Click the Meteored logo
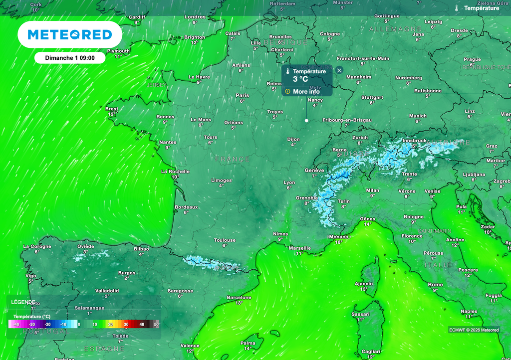tap(69, 34)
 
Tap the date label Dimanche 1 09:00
tap(70, 57)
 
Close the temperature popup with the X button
tap(339, 70)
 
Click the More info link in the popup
tap(306, 91)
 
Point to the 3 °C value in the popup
tap(300, 79)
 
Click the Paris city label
tap(243, 95)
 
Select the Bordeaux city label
tap(187, 207)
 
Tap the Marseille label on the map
tap(300, 248)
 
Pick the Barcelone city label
tap(239, 297)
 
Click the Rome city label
tap(435, 284)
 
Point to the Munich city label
tap(418, 116)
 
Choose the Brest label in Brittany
tap(112, 109)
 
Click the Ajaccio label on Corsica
tap(363, 283)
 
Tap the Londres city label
tap(195, 17)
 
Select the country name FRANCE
tap(233, 159)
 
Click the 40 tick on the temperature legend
tap(142, 325)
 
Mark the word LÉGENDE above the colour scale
tap(23, 302)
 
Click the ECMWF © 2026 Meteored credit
tap(474, 330)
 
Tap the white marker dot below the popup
tap(306, 120)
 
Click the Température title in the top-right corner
tap(481, 8)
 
